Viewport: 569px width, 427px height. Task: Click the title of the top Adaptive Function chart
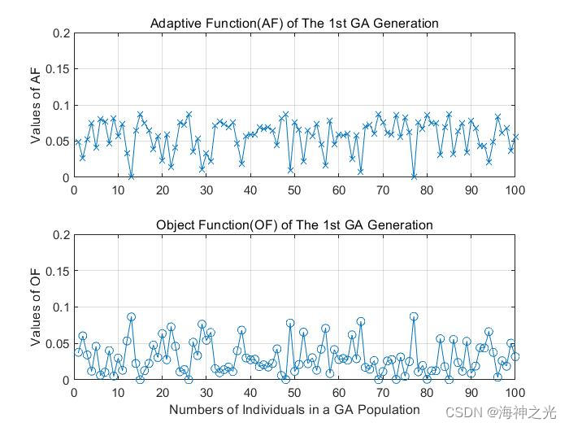pos(294,24)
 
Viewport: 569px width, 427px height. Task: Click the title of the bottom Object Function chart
pos(294,224)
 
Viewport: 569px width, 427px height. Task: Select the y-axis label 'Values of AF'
pos(37,106)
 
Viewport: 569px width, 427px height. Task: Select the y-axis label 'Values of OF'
pos(37,307)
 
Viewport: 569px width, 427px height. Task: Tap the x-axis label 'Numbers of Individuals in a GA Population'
pos(294,410)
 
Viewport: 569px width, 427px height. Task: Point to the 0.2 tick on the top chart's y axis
pos(61,33)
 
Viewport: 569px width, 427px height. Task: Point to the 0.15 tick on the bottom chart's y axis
pos(58,271)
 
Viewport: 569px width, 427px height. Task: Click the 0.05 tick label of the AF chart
pos(58,142)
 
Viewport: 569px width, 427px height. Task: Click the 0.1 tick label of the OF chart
pos(61,307)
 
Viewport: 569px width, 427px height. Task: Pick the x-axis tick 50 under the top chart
pos(294,190)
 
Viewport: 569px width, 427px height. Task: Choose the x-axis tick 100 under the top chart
pos(515,190)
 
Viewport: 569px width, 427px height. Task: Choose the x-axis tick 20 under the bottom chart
pos(163,391)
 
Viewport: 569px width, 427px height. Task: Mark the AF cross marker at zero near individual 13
pos(131,176)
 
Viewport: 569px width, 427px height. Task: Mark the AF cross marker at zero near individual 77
pos(414,176)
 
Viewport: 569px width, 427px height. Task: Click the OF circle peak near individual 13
pos(131,316)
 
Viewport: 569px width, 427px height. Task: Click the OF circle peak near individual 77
pos(414,316)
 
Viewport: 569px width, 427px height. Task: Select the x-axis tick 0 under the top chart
pos(74,190)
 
